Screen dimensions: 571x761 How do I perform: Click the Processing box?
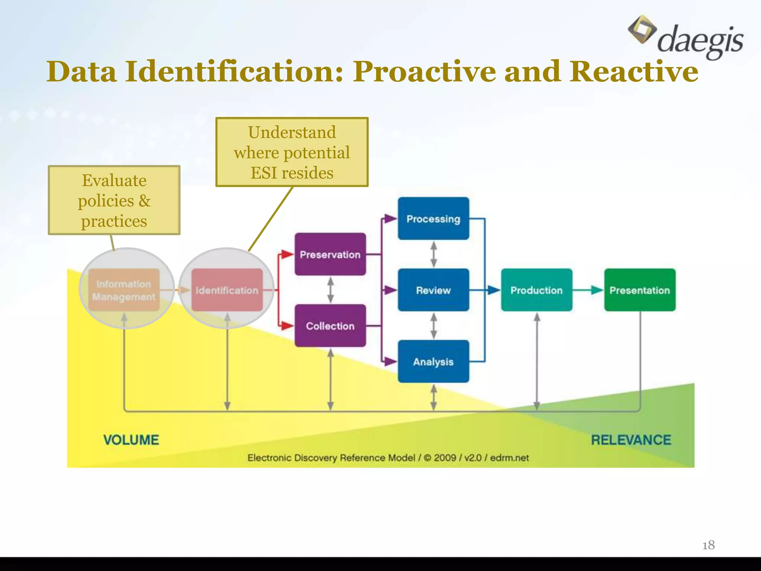tap(433, 219)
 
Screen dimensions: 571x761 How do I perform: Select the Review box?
tap(433, 290)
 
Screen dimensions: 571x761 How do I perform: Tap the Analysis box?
tap(433, 361)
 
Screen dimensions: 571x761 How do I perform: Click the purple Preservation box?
tap(330, 254)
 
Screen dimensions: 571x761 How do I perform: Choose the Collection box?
tap(330, 326)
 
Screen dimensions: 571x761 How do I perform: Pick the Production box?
tap(536, 290)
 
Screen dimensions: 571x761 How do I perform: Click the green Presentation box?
tap(639, 290)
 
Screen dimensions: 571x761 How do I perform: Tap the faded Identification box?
tap(227, 290)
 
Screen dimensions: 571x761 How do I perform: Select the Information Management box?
tap(124, 290)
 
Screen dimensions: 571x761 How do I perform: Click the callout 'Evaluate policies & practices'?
tap(114, 200)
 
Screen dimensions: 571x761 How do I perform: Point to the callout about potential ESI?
tap(292, 152)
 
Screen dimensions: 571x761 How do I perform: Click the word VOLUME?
tap(131, 440)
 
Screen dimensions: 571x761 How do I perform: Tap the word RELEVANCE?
tap(631, 440)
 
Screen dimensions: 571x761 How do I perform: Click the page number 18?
tap(708, 545)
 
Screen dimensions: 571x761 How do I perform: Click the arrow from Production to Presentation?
tap(589, 290)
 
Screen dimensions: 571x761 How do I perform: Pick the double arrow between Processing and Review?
tap(433, 254)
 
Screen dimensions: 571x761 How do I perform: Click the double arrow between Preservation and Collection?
tap(330, 290)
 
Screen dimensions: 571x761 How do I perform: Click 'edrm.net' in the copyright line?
tap(509, 458)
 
